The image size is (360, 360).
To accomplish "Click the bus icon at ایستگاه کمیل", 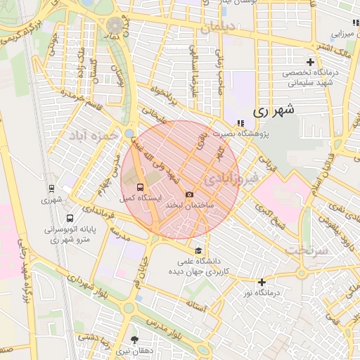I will [x=140, y=188].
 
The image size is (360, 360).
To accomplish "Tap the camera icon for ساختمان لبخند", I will [x=189, y=194].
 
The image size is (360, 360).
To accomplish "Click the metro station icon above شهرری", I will [x=51, y=188].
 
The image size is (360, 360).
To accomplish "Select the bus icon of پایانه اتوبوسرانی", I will [x=52, y=219].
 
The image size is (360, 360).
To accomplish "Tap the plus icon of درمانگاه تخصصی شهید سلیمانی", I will [x=310, y=63].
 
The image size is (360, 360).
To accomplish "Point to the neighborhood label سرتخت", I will [x=307, y=250].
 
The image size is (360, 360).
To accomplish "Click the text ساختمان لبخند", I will [x=189, y=205].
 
